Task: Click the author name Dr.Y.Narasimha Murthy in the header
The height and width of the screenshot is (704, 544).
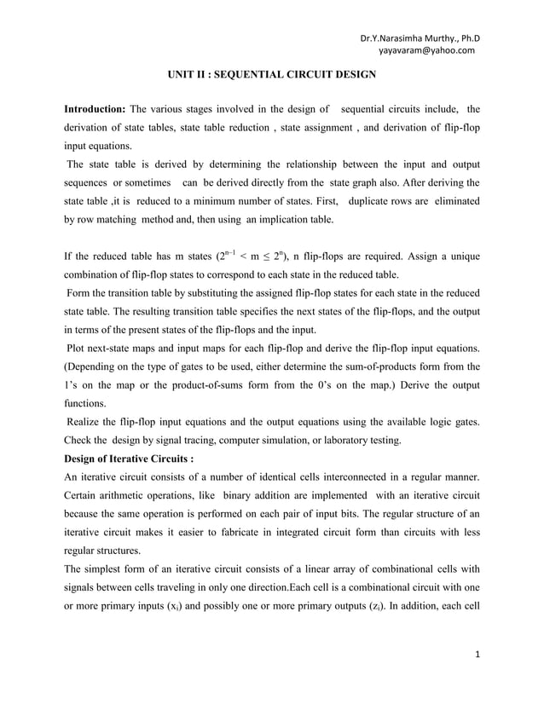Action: coord(420,38)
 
